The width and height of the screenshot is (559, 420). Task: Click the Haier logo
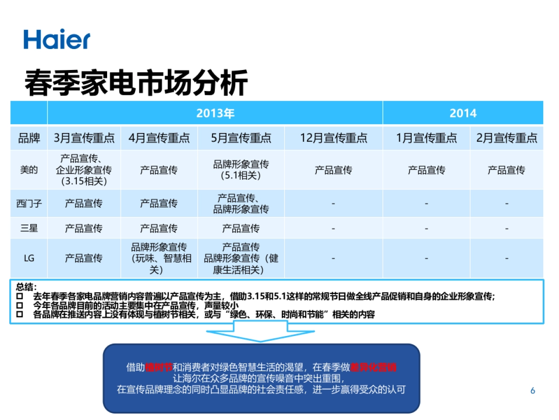[57, 39]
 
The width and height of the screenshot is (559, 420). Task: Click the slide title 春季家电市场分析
[136, 83]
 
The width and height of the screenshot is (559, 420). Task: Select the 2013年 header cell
[215, 113]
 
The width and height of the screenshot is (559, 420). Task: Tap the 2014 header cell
[463, 113]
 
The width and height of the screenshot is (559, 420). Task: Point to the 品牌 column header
[29, 138]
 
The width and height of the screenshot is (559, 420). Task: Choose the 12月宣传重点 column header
[333, 138]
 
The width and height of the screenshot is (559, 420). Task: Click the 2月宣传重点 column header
[506, 138]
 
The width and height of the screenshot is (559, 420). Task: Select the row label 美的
[29, 170]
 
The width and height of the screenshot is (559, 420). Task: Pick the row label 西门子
[29, 203]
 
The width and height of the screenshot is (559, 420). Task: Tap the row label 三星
[29, 228]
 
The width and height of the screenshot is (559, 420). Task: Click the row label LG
[29, 258]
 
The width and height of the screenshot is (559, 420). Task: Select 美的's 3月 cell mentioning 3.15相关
[84, 170]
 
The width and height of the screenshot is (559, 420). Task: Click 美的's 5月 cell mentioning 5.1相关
[241, 170]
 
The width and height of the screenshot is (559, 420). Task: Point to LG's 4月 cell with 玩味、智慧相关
[159, 258]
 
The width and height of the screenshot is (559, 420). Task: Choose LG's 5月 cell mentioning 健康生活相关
[241, 258]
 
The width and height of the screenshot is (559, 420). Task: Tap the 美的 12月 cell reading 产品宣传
[333, 170]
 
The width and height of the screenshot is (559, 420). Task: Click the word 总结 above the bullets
[26, 287]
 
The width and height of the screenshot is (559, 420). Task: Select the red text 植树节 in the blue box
[158, 367]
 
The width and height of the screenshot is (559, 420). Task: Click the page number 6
[533, 391]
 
